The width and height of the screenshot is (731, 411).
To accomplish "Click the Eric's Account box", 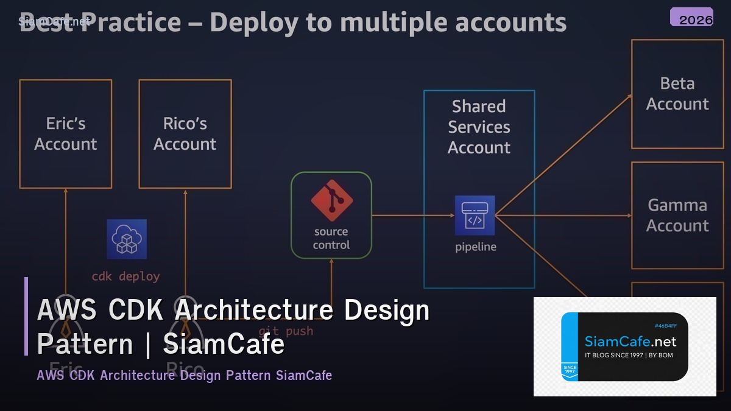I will [x=66, y=134].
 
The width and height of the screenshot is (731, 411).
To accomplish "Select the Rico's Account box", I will [x=185, y=134].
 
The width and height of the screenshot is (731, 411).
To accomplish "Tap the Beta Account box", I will [x=677, y=94].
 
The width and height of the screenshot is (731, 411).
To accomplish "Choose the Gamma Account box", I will [x=677, y=216].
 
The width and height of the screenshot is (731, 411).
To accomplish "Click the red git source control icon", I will [x=331, y=200].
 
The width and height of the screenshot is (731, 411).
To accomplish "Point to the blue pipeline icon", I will [x=475, y=216].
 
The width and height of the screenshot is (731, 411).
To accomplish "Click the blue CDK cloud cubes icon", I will [x=127, y=239].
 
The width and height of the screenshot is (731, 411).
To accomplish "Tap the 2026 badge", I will [x=692, y=18].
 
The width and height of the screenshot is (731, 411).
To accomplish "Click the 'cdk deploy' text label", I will [x=125, y=276].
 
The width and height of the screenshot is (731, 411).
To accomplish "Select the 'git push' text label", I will [x=286, y=331].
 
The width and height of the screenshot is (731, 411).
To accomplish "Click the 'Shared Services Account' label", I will [x=479, y=127].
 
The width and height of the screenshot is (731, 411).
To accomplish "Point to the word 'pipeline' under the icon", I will [x=476, y=247].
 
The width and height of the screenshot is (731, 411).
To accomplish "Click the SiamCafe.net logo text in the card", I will [x=630, y=342].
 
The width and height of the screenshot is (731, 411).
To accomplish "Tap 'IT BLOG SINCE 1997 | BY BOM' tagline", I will [x=629, y=355].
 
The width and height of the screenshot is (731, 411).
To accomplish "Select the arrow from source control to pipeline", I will [x=413, y=216].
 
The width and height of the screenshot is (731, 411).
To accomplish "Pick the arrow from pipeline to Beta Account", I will [x=563, y=155].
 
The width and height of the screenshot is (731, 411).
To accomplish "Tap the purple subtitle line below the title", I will [x=184, y=375].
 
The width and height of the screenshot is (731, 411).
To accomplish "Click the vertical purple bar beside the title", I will [x=26, y=316].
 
